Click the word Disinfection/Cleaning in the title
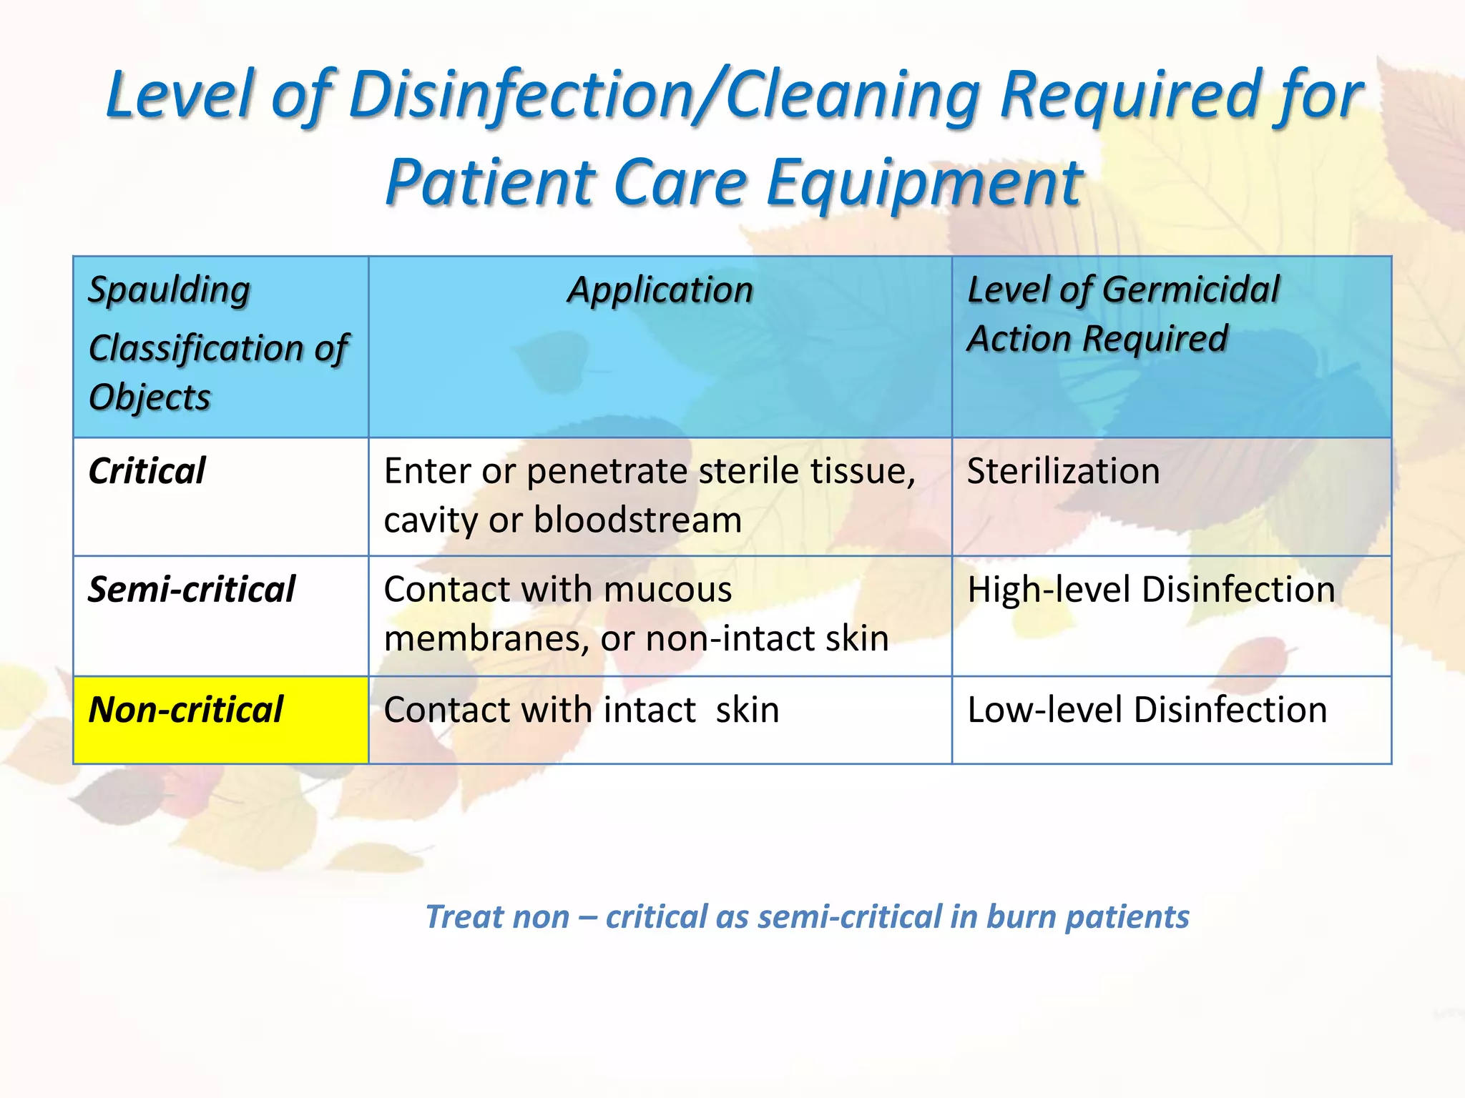tap(665, 95)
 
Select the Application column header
tap(660, 290)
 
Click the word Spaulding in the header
tap(169, 291)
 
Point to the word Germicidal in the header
tap(1190, 290)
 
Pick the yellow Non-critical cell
tap(220, 719)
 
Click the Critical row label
tap(147, 471)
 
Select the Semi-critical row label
tap(191, 590)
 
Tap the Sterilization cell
tap(1063, 471)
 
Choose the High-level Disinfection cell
tap(1150, 590)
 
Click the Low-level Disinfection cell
tap(1147, 710)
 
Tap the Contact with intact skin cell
tap(581, 710)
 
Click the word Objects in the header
tap(150, 397)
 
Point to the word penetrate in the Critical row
tap(607, 471)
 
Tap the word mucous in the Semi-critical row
tap(667, 590)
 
